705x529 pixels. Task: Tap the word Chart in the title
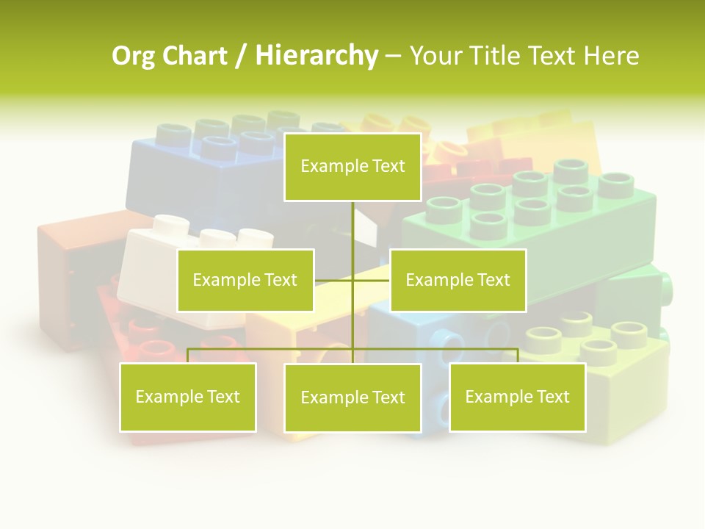pos(192,56)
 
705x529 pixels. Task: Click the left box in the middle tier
pos(245,280)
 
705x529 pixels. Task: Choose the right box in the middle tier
pos(458,280)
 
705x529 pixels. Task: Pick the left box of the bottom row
pos(188,397)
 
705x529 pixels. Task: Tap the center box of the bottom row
pos(352,397)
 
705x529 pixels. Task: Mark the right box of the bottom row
pos(518,397)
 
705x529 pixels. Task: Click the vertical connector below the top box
pos(353,228)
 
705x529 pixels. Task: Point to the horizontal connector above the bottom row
pos(272,349)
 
